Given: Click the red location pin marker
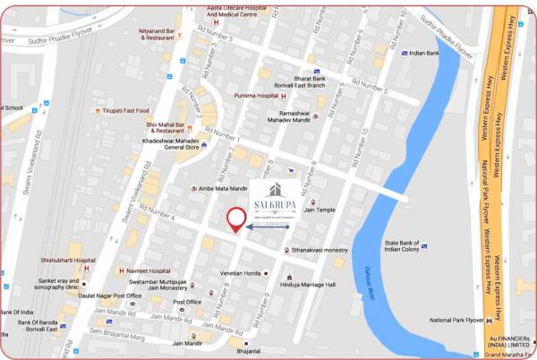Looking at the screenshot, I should [236, 219].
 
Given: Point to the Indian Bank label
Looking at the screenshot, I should [424, 54].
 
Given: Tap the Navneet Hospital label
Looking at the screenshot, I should [148, 270].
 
